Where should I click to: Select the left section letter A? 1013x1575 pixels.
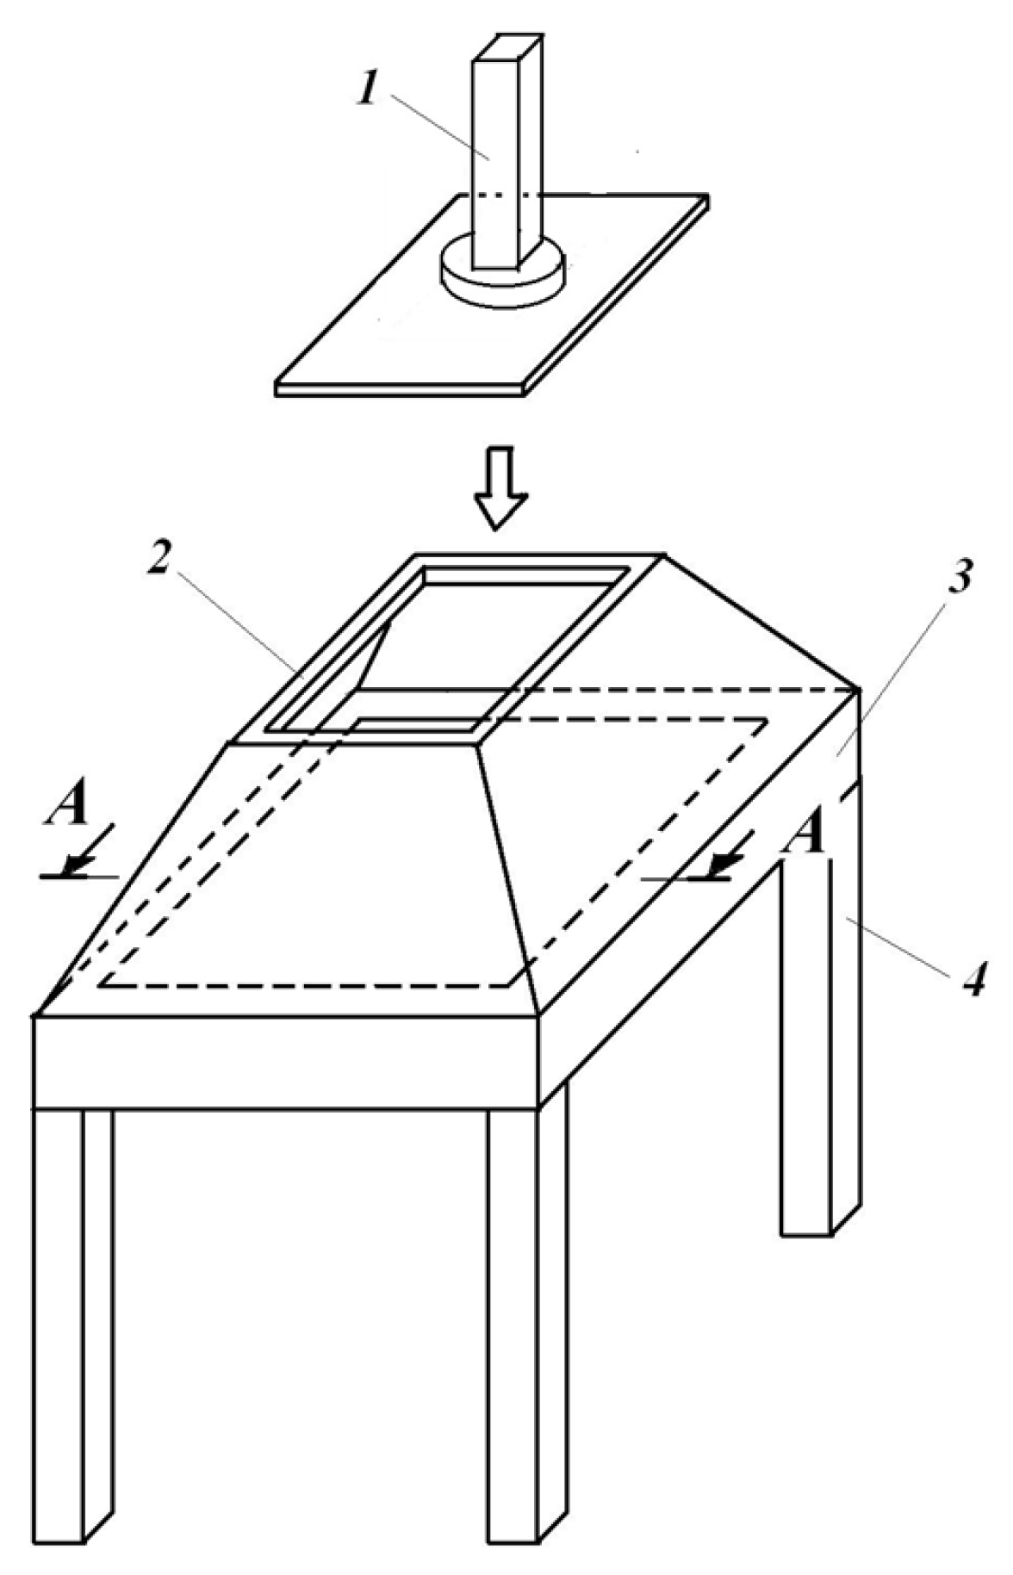pos(67,808)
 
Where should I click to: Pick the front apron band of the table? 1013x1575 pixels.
pos(286,1062)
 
